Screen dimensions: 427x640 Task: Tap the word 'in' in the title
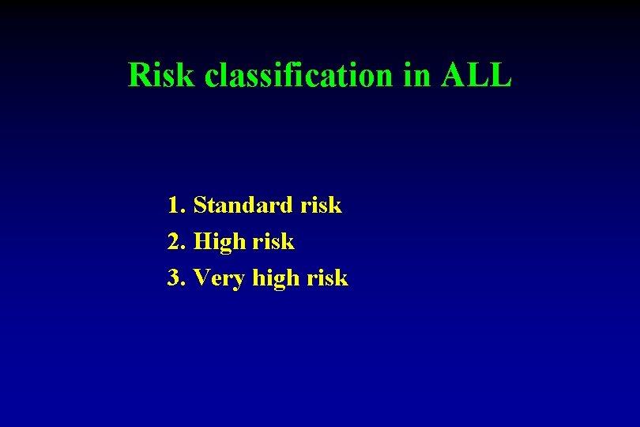point(418,76)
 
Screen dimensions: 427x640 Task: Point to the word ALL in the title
point(477,76)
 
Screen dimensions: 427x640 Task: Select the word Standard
point(243,206)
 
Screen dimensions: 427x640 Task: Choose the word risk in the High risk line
point(273,242)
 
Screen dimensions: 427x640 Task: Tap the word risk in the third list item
point(327,278)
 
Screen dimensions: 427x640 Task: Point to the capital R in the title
point(139,76)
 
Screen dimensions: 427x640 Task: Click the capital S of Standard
point(199,206)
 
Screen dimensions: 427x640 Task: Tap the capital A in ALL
point(455,76)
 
